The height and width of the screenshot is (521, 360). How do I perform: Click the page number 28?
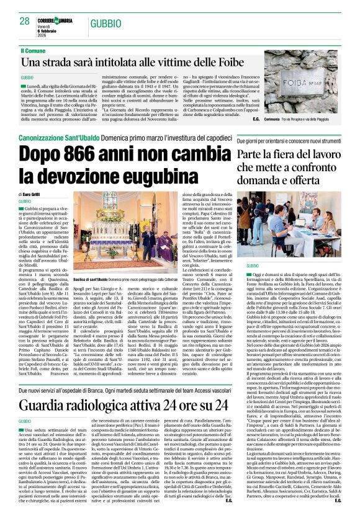pyautogui.click(x=24, y=20)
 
